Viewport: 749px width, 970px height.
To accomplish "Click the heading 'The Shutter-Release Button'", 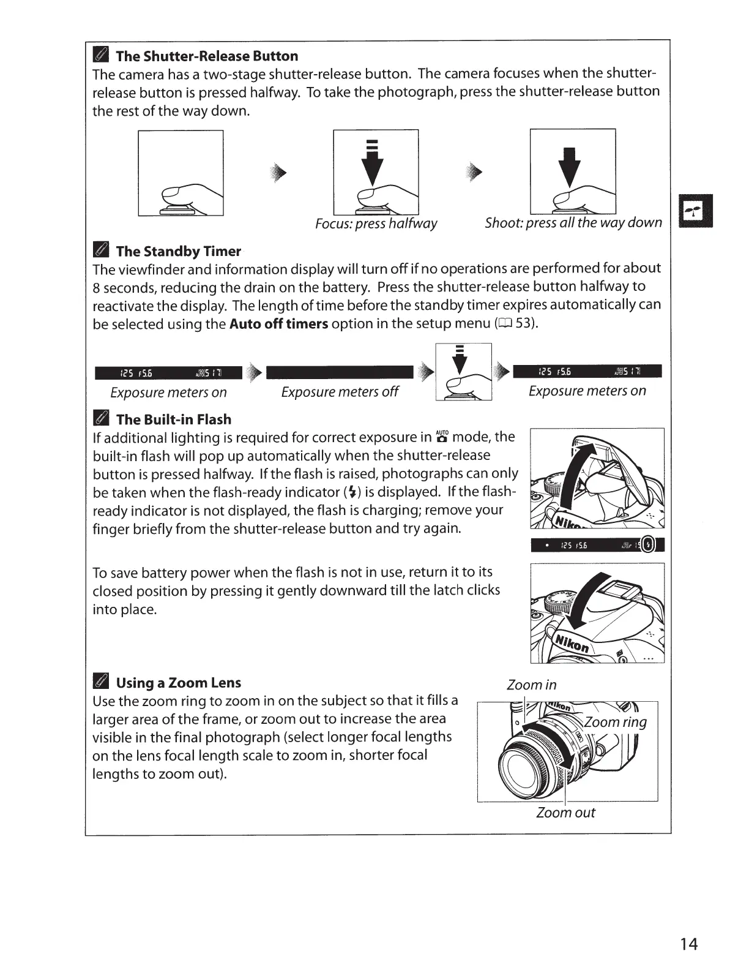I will click(207, 56).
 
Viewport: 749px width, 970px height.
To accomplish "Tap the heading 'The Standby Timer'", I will click(178, 251).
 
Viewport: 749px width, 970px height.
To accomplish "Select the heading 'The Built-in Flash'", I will click(174, 419).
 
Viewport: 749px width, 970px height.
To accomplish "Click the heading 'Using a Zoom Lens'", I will click(178, 683).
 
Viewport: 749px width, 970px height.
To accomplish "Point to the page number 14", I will click(688, 944).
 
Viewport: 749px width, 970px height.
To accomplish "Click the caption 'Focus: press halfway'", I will click(376, 224).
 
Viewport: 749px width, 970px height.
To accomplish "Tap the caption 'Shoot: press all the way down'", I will click(573, 222).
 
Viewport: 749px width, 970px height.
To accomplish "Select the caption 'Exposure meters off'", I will click(340, 392).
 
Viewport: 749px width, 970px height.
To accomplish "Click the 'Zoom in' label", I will click(531, 685).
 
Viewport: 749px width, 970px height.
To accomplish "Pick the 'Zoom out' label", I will click(565, 813).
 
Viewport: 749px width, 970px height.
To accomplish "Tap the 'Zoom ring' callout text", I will click(615, 722).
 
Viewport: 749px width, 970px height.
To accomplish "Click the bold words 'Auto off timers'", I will click(278, 323).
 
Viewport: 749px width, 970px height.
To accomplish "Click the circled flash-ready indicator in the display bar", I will click(649, 544).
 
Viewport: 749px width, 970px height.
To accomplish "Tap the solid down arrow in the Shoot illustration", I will click(570, 167).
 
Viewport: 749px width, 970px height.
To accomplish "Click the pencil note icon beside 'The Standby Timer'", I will click(100, 251).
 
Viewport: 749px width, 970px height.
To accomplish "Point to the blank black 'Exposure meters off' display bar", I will click(340, 372).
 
